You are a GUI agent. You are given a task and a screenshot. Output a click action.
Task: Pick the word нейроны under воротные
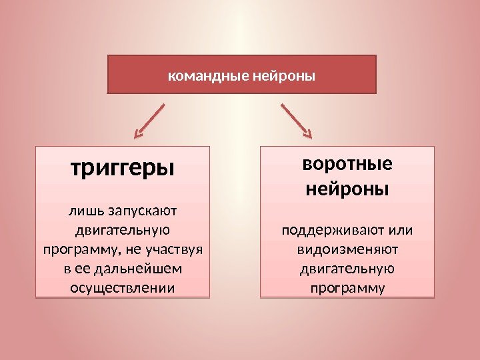pyautogui.click(x=347, y=189)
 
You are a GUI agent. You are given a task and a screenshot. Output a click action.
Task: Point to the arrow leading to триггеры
pyautogui.click(x=150, y=121)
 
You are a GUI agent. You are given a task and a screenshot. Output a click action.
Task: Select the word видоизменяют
pyautogui.click(x=347, y=251)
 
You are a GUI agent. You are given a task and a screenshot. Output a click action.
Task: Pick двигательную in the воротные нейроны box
pyautogui.click(x=347, y=270)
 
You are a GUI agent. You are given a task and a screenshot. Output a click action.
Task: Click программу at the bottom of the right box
pyautogui.click(x=347, y=289)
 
